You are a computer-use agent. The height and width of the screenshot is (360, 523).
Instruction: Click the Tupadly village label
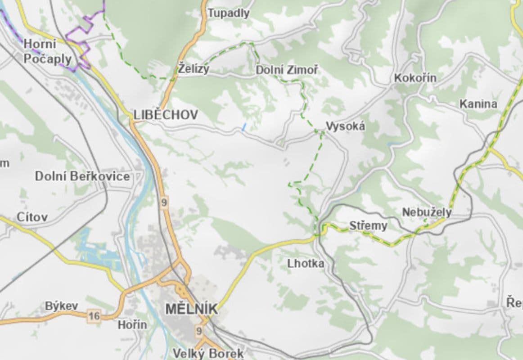[229, 13]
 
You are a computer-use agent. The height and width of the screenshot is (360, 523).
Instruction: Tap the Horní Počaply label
[47, 52]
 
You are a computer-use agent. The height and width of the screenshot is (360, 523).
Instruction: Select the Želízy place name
[194, 69]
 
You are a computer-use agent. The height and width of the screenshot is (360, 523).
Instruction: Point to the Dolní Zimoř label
[287, 70]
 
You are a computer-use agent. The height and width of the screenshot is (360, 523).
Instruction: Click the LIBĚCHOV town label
[166, 115]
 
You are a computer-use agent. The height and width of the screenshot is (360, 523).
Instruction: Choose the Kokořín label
[415, 78]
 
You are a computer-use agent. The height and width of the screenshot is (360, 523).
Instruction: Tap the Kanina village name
[478, 104]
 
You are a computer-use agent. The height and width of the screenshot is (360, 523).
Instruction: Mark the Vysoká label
[345, 126]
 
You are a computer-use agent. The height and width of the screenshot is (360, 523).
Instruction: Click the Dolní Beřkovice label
[82, 176]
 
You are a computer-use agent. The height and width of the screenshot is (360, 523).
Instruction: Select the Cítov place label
[32, 217]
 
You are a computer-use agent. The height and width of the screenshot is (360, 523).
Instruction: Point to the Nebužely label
[426, 212]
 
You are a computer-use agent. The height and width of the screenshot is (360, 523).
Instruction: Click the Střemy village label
[368, 225]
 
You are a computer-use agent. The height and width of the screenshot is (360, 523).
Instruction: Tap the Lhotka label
[306, 264]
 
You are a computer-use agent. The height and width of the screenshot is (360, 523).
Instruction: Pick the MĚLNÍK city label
[191, 309]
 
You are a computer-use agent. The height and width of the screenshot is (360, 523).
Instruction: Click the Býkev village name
[61, 306]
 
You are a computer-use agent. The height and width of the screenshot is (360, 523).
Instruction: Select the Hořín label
[132, 324]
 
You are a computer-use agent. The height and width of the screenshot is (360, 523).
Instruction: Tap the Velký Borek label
[208, 353]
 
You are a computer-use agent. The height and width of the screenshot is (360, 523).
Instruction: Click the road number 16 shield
[94, 316]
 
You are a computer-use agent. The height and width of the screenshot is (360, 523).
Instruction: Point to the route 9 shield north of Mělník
[164, 202]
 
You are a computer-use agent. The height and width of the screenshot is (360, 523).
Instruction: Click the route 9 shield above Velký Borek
[199, 332]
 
